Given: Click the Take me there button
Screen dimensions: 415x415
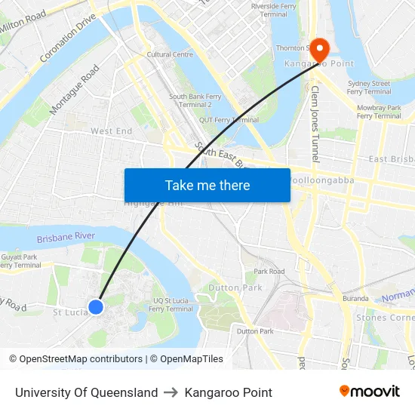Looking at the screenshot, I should pyautogui.click(x=207, y=185).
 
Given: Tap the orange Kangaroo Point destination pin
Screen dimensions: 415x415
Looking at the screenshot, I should pyautogui.click(x=319, y=49).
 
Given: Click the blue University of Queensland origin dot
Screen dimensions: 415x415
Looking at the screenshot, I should pyautogui.click(x=96, y=306).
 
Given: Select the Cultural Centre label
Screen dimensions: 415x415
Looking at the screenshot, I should pyautogui.click(x=170, y=54).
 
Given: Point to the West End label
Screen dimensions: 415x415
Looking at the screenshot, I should pyautogui.click(x=112, y=131).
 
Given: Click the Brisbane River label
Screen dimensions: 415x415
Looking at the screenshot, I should pyautogui.click(x=66, y=237).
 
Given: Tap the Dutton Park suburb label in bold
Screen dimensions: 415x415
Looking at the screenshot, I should pyautogui.click(x=224, y=287).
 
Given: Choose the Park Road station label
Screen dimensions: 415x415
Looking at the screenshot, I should pyautogui.click(x=269, y=272).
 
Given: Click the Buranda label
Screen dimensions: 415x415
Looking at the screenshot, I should pyautogui.click(x=354, y=299).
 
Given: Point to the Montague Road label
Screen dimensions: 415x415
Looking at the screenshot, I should pyautogui.click(x=75, y=90).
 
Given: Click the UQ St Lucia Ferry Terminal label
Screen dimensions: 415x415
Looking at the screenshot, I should pyautogui.click(x=171, y=304).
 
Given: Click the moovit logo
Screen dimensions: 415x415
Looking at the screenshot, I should pyautogui.click(x=369, y=391).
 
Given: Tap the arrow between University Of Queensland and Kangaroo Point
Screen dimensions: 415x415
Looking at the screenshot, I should pyautogui.click(x=171, y=392).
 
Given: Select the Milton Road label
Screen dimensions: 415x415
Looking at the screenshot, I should pyautogui.click(x=23, y=22).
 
